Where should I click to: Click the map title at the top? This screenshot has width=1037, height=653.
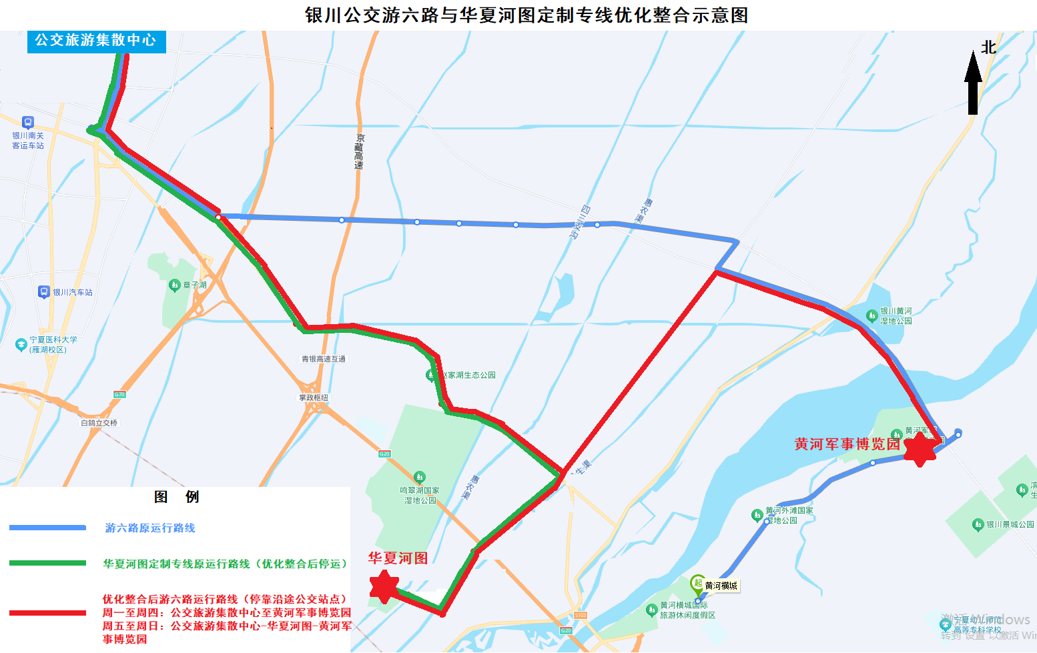point(526,15)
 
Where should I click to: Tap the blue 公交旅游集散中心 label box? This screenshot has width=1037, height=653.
point(96,41)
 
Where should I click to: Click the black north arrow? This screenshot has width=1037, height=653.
point(973,83)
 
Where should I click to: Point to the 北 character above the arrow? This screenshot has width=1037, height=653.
point(988,47)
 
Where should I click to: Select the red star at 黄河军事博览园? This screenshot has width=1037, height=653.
point(920,449)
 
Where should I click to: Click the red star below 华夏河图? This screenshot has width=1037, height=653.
point(384,586)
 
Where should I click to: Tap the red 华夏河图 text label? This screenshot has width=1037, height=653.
point(398,558)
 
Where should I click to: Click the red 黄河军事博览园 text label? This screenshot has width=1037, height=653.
point(847,444)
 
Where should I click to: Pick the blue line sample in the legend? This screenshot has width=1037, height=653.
point(47,528)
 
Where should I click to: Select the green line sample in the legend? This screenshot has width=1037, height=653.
point(47,563)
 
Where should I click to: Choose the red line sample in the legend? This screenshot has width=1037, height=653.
point(47,612)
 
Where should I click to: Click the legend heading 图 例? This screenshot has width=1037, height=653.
point(176,497)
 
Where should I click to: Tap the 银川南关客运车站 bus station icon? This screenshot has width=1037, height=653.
point(27,122)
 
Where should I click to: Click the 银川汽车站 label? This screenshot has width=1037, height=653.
point(73,292)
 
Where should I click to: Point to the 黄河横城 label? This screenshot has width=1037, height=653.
point(721,586)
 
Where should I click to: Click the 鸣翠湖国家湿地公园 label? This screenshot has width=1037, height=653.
point(420,495)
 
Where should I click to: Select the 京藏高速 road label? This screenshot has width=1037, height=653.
point(360,151)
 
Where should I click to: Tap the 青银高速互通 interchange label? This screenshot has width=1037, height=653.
point(324,359)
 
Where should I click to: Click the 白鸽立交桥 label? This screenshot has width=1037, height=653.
point(99,423)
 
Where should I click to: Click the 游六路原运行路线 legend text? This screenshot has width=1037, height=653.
point(150,528)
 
